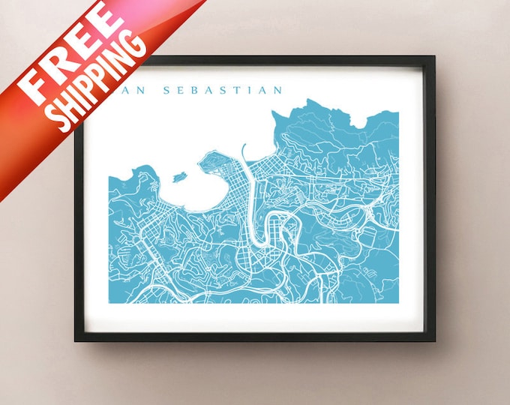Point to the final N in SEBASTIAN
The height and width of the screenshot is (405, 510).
(x=279, y=91)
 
